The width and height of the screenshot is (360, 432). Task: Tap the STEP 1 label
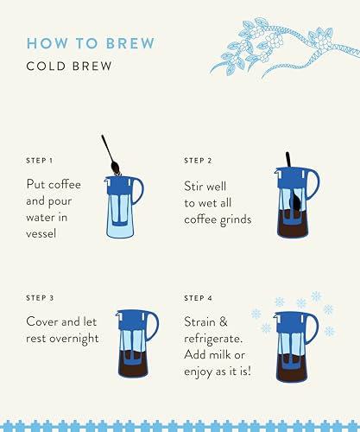click(40, 161)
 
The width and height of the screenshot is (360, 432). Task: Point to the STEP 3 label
click(40, 298)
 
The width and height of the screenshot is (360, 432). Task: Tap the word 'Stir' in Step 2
click(195, 185)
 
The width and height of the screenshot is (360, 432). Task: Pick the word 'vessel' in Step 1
click(46, 235)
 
